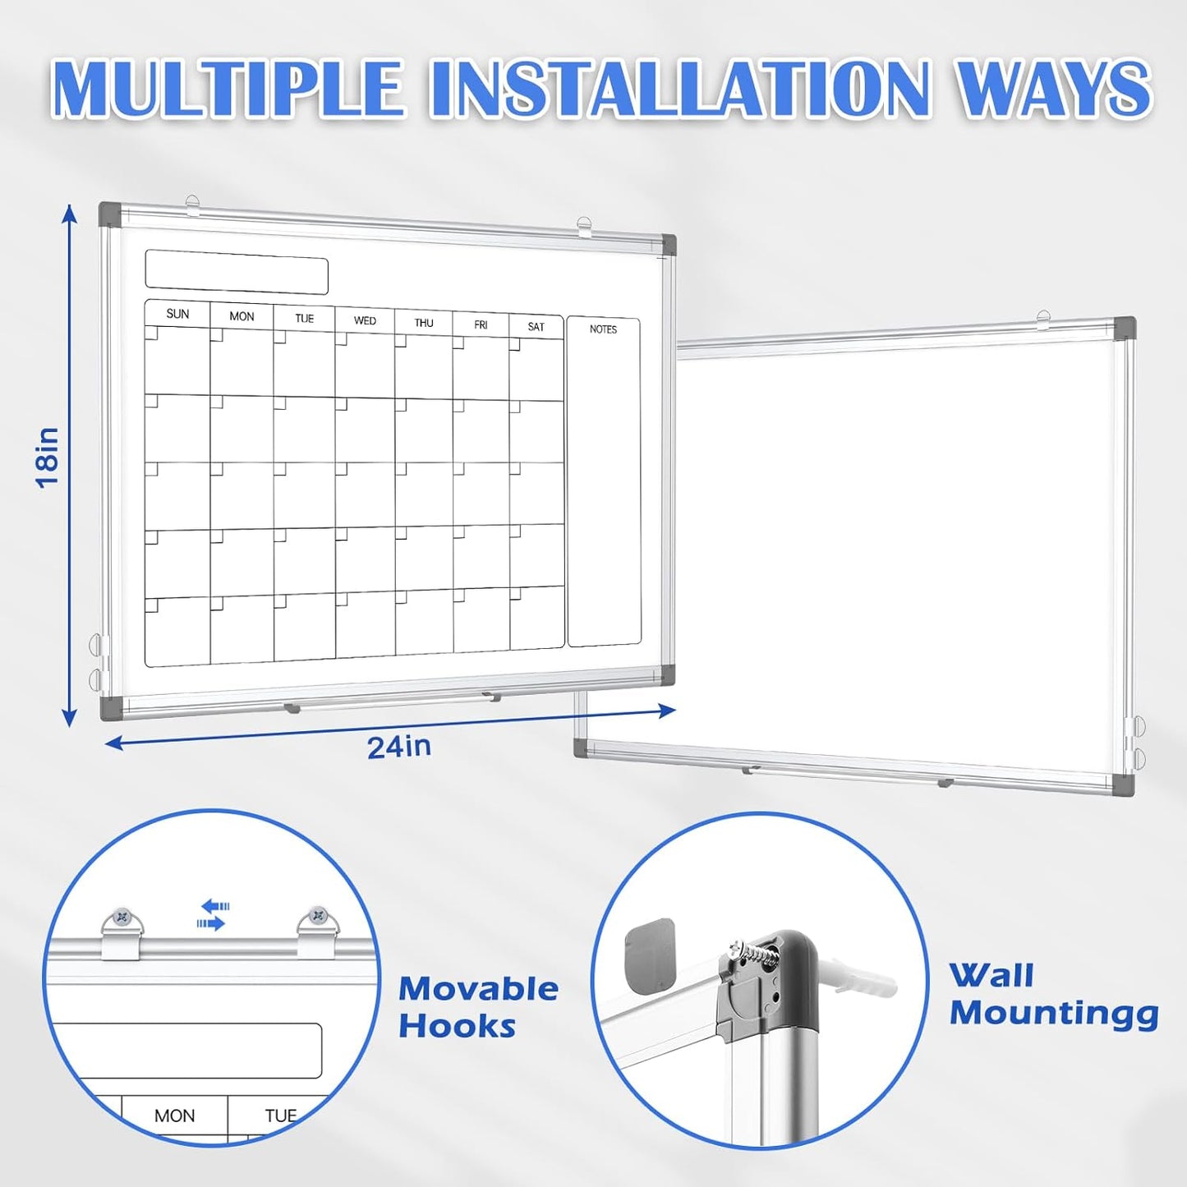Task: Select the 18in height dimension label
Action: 48,458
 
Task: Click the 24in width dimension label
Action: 398,747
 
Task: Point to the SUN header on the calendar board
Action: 177,314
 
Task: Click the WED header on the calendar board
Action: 365,320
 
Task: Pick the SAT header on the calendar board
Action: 536,327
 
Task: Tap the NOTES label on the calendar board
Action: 603,329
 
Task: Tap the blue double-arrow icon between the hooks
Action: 213,915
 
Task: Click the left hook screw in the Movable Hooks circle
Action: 123,916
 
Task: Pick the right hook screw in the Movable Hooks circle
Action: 316,915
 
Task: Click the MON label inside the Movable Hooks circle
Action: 174,1116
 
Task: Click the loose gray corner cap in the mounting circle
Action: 650,954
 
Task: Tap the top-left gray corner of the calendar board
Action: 109,215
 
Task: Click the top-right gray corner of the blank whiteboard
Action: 1124,329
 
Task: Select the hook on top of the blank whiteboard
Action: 1043,317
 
